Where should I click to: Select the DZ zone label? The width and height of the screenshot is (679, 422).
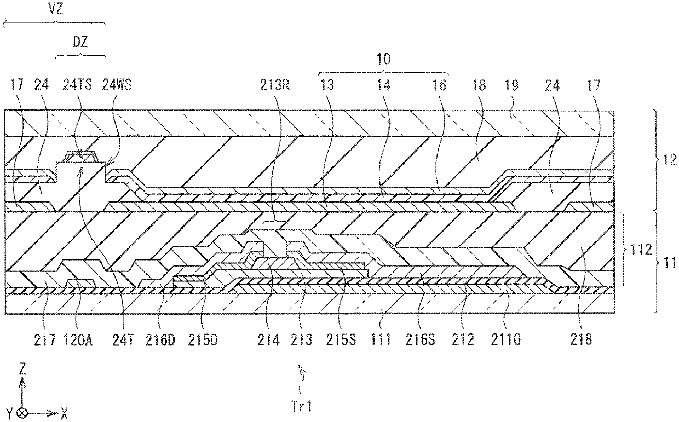pyautogui.click(x=80, y=42)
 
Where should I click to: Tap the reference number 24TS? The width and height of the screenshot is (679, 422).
pyautogui.click(x=84, y=85)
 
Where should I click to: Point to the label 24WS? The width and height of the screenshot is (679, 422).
pyautogui.click(x=119, y=85)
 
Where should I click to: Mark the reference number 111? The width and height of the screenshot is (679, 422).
pyautogui.click(x=380, y=340)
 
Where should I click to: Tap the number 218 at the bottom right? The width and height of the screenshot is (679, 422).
pyautogui.click(x=581, y=340)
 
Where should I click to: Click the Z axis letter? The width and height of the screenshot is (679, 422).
pyautogui.click(x=22, y=368)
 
